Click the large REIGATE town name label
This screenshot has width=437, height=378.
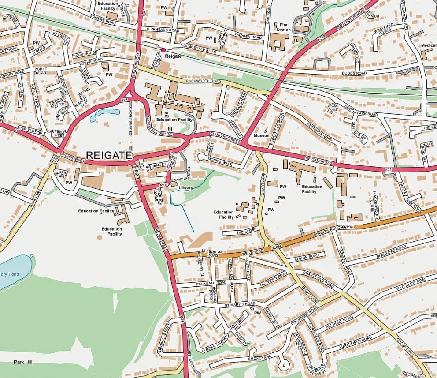point(109,155)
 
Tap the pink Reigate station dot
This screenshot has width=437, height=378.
point(163,50)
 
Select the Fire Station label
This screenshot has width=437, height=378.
point(283,27)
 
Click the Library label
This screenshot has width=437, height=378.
point(186,188)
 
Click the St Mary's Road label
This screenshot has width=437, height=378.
point(240,304)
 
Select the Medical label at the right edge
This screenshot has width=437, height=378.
point(428,45)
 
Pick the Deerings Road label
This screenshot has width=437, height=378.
point(320,131)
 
